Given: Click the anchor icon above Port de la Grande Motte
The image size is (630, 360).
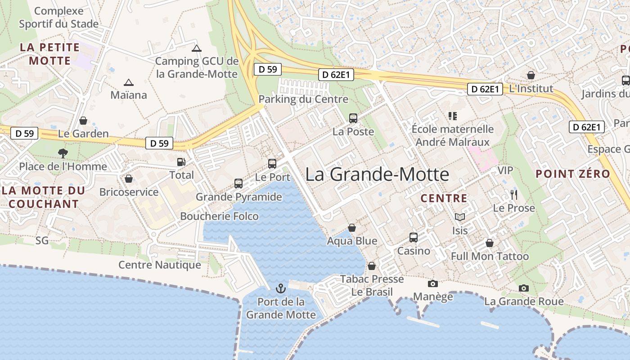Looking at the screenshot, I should (x=281, y=288).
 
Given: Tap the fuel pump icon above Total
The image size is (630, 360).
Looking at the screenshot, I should (x=181, y=162).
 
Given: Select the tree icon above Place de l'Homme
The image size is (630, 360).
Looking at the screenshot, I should (x=63, y=153).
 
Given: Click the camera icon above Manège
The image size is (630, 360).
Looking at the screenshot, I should (x=433, y=283).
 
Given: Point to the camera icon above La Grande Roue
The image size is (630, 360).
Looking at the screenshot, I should (x=524, y=288).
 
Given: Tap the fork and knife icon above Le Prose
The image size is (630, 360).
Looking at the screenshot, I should (x=513, y=195).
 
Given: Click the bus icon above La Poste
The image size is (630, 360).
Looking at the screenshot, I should (x=353, y=118).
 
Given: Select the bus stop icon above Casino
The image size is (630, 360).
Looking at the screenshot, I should (x=413, y=238).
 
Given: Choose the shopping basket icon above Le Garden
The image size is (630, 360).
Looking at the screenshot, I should (x=83, y=121).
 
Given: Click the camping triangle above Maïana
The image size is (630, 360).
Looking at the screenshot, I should (x=129, y=82).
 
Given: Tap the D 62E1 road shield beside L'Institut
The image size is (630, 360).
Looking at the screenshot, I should (x=485, y=89).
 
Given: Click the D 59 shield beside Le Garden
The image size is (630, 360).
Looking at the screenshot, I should (x=24, y=133).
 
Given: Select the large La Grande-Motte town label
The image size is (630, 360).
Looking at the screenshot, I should (x=377, y=175).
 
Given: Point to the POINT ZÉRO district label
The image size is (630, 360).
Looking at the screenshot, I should (x=573, y=174).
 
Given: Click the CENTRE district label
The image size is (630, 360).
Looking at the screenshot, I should (x=444, y=198).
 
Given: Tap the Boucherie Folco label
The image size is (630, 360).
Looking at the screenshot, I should (x=219, y=216).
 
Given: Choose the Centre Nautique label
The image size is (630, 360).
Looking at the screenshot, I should (x=159, y=265).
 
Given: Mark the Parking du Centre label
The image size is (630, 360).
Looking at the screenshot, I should (x=303, y=99).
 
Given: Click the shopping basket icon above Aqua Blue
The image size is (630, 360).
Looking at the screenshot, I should (x=352, y=228).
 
